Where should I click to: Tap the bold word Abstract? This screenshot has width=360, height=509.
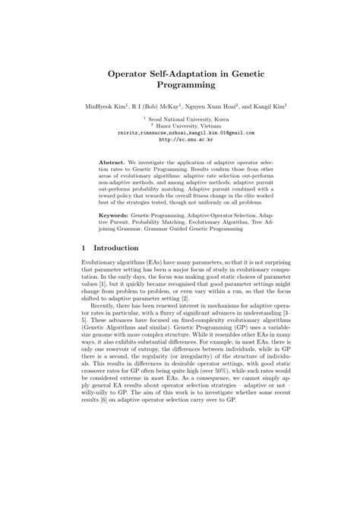coord(113,163)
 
